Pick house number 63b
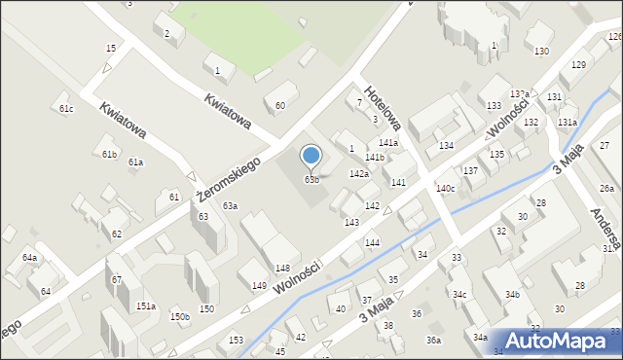click(311, 179)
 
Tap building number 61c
click(66, 109)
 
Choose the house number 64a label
click(30, 258)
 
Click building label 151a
click(145, 306)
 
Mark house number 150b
click(179, 316)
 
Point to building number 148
click(282, 268)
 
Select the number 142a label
click(359, 173)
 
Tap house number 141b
click(375, 157)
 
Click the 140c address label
click(446, 188)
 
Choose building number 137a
click(520, 93)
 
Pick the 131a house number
click(567, 122)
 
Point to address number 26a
click(606, 188)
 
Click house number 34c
click(458, 294)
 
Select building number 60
click(280, 105)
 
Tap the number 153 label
click(236, 340)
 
